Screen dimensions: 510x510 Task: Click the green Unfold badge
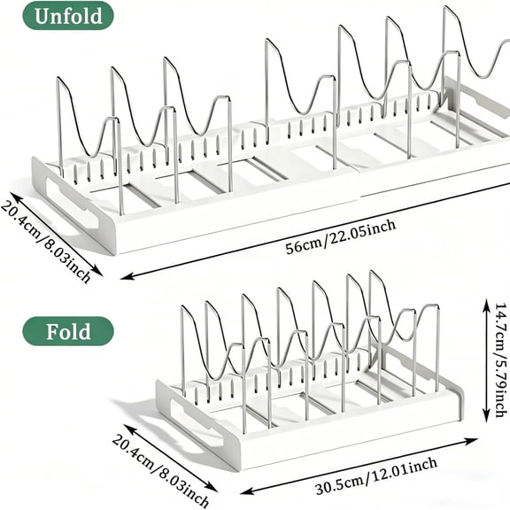tap(68, 16)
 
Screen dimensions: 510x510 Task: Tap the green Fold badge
tap(68, 331)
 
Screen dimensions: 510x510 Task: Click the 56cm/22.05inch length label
tap(341, 237)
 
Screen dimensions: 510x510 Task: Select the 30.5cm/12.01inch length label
tap(376, 475)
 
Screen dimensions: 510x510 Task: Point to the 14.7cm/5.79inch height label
tap(501, 359)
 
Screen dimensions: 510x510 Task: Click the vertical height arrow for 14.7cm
tap(486, 360)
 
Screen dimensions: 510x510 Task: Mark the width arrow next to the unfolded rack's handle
tap(57, 234)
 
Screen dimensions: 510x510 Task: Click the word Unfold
tap(68, 16)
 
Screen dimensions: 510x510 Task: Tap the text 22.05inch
tap(363, 232)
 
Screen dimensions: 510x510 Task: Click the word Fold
tap(68, 331)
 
